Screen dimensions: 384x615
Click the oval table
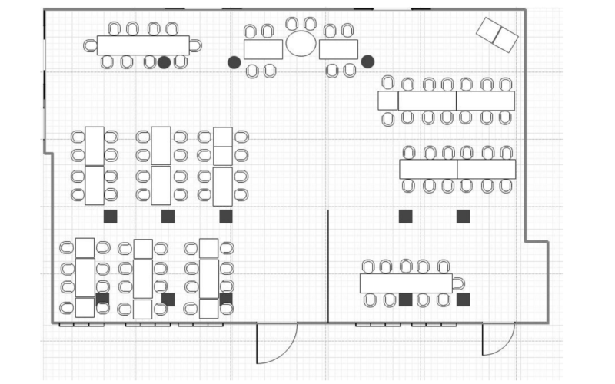[x=301, y=43]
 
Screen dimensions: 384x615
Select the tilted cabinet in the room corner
[x=497, y=35]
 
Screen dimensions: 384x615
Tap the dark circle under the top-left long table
[x=164, y=61]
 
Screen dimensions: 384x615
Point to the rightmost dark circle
[x=367, y=61]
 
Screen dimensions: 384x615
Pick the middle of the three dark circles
[x=234, y=61]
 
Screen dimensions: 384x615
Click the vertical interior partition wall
[x=328, y=265]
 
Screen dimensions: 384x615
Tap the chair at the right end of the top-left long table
[x=195, y=45]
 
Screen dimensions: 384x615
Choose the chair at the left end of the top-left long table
[x=91, y=45]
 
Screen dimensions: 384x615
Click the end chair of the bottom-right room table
[x=459, y=283]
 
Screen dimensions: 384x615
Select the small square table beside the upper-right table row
[x=388, y=100]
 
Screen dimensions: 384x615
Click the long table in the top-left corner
[x=143, y=45]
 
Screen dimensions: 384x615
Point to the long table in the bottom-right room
[x=406, y=283]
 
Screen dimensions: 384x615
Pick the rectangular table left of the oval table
[x=263, y=49]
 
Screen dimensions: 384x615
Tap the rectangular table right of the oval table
[x=338, y=49]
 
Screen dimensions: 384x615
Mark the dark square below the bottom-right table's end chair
[x=463, y=300]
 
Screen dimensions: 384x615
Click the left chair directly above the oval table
[x=292, y=25]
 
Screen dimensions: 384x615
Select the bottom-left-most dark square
[x=102, y=298]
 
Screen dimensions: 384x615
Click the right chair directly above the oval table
[x=309, y=25]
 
